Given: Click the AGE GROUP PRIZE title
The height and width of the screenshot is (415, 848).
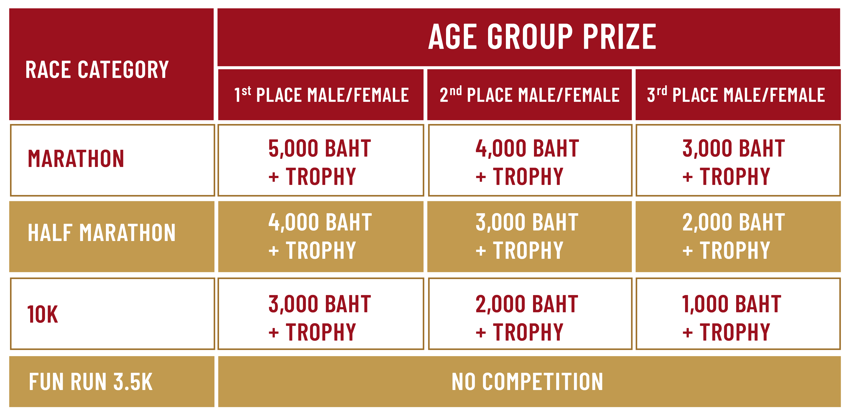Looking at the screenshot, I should pos(542,37).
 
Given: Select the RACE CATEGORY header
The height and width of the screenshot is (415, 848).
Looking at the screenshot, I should pos(97,70).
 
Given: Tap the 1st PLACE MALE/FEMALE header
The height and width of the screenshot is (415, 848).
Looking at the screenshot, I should pos(321,95).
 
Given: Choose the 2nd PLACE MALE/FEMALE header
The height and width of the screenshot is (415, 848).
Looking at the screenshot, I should pos(529,95).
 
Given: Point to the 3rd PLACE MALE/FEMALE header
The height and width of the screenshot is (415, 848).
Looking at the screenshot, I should pos(736,95).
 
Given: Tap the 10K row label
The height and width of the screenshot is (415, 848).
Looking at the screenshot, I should pos(43,314).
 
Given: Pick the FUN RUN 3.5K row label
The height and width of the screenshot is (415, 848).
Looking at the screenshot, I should pos(91,382).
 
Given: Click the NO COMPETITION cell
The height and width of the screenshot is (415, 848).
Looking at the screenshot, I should pos(527,382).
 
